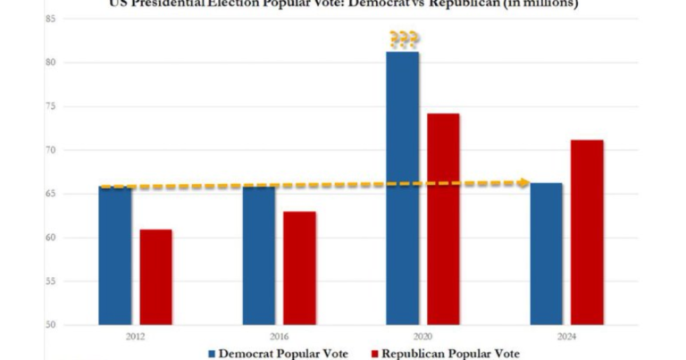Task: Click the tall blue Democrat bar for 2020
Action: [x=403, y=188]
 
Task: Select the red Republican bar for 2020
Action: [x=443, y=219]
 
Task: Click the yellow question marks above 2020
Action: [x=403, y=39]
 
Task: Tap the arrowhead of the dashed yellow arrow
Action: [x=524, y=183]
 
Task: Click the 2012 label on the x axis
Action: [x=135, y=338]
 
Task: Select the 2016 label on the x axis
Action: [x=279, y=338]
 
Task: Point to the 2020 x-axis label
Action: [x=422, y=338]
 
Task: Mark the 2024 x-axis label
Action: [x=566, y=338]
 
